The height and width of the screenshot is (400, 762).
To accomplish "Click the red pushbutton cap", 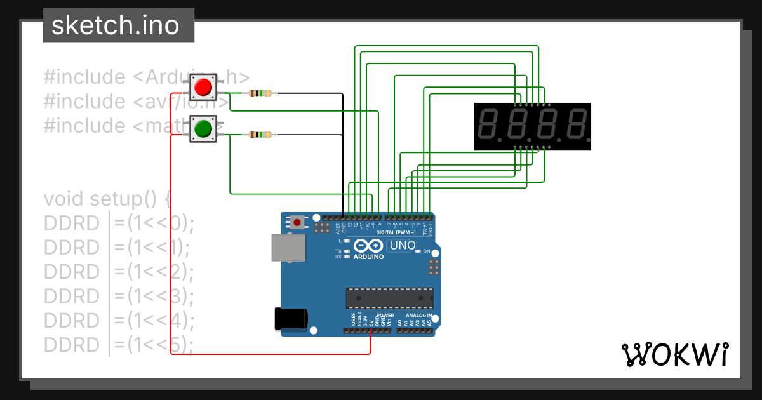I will pos(203,87).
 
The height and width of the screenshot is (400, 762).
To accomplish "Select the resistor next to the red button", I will pos(260,93).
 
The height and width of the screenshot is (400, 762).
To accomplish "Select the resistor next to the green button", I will pos(260,135).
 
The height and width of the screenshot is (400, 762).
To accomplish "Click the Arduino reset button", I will pos(297,222).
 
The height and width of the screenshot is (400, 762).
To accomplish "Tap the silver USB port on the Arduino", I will pos(288,247).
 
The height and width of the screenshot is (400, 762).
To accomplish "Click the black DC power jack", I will pos(291,319).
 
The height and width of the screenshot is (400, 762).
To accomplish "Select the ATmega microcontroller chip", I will pos(389,298).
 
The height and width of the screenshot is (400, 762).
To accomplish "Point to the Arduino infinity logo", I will pos(368,246).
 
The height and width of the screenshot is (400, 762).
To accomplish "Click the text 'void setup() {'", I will pos(107,199).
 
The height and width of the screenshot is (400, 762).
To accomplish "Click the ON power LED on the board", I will pos(418,252).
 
